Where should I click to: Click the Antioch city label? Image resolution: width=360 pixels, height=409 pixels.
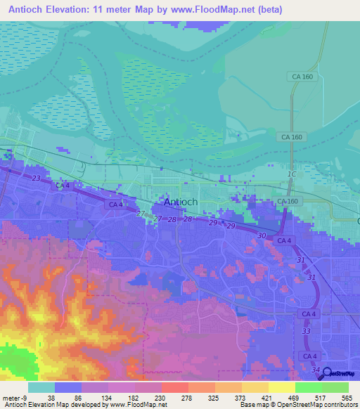point(180,202)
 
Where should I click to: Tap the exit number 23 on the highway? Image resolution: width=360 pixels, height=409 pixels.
point(36,178)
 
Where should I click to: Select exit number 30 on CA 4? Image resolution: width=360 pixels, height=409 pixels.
point(262,235)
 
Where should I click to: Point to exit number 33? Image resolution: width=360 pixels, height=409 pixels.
point(306,331)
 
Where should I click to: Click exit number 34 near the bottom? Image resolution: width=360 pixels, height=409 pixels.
point(315,370)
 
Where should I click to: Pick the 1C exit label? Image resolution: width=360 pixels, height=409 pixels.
point(292,173)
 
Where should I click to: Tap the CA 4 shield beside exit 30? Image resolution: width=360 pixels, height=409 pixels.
point(284,241)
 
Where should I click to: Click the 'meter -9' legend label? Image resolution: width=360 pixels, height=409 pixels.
point(13,398)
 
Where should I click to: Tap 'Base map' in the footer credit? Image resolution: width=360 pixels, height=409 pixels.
point(255,405)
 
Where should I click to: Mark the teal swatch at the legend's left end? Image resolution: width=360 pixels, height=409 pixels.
point(41,387)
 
